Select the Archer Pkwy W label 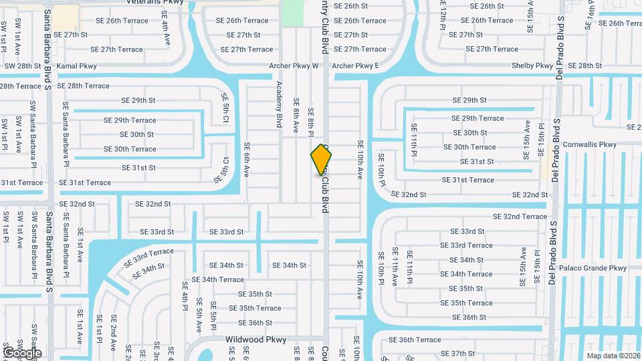click(x=294, y=66)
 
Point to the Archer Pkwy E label click(x=355, y=66)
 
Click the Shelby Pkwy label click(x=532, y=66)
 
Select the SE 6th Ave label click(x=247, y=159)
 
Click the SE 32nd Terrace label click(x=520, y=217)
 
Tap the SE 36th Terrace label click(x=415, y=340)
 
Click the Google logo click(x=21, y=352)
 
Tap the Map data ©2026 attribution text click(x=613, y=356)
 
